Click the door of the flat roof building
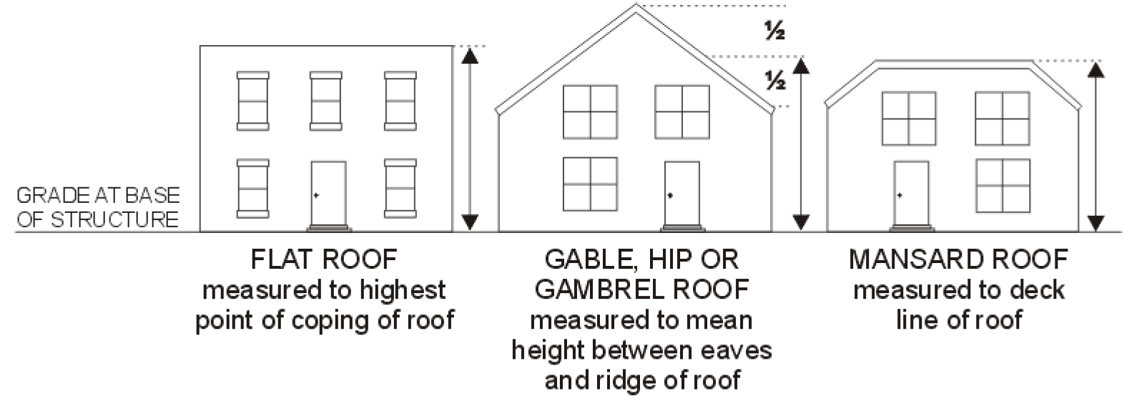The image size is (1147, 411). (328, 193)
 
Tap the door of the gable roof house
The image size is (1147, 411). (681, 193)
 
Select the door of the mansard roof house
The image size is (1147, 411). (911, 193)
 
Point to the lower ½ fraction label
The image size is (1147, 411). (775, 81)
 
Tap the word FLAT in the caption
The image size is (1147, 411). (285, 259)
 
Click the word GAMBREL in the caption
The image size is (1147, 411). (600, 289)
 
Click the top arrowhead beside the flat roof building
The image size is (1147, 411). (469, 55)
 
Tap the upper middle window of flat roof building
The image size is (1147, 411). (326, 101)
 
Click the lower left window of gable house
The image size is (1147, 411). (591, 183)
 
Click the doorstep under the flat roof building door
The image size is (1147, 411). (328, 229)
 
